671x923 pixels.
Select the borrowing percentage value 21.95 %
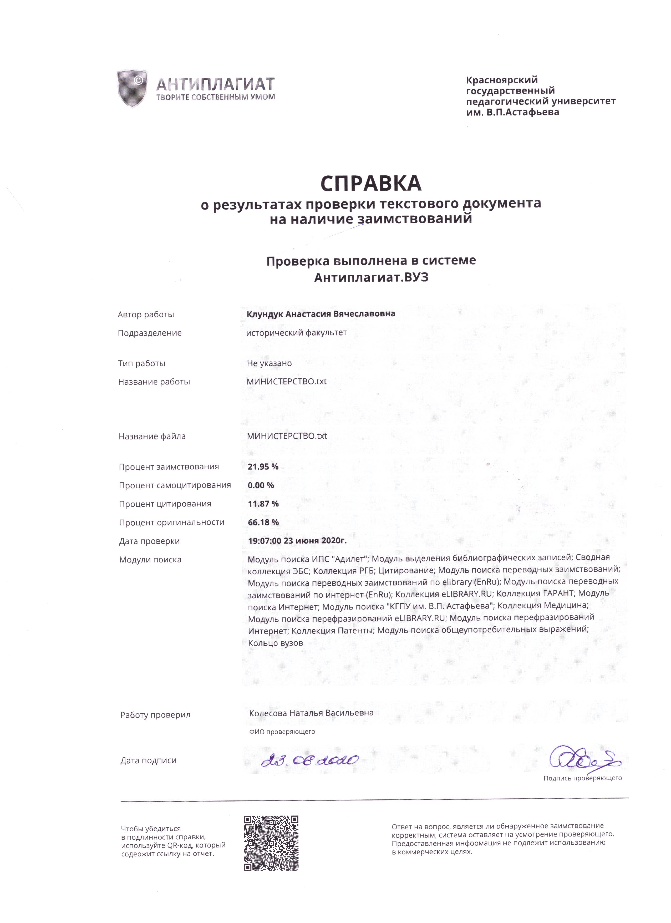pyautogui.click(x=263, y=466)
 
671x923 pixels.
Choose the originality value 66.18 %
pyautogui.click(x=263, y=522)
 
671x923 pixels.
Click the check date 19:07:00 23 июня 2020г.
pyautogui.click(x=297, y=541)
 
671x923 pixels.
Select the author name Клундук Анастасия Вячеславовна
pyautogui.click(x=321, y=314)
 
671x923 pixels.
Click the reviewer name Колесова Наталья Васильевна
pyautogui.click(x=311, y=713)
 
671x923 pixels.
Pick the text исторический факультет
pyautogui.click(x=297, y=332)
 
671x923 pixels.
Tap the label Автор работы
pyautogui.click(x=146, y=315)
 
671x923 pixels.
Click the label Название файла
pyautogui.click(x=152, y=436)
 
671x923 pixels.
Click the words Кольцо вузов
pyautogui.click(x=276, y=643)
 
